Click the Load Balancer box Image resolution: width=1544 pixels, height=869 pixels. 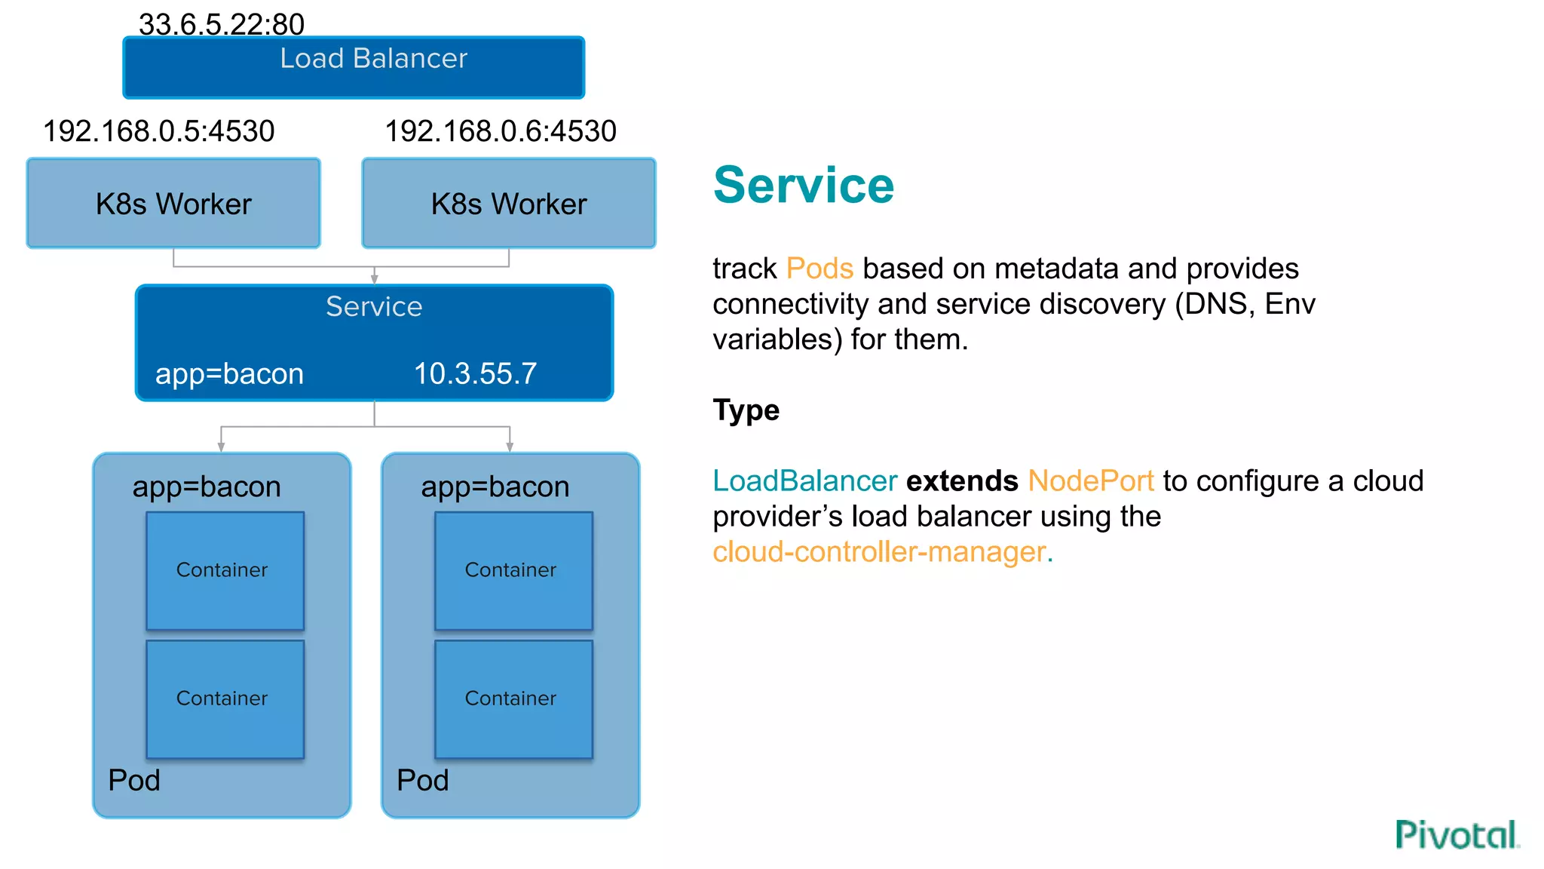(353, 68)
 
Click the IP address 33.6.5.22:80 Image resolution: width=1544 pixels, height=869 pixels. (222, 24)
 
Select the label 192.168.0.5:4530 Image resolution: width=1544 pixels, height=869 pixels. (159, 131)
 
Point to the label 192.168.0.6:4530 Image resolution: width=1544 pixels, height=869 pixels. (501, 131)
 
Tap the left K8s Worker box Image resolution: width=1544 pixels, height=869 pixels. (173, 204)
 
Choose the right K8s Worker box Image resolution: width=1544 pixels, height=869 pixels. (509, 204)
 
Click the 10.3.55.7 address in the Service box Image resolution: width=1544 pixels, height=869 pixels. (475, 373)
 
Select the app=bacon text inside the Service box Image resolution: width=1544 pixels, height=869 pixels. (229, 373)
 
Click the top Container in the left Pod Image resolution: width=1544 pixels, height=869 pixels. (225, 570)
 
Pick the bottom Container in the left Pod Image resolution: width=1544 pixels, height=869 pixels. (225, 699)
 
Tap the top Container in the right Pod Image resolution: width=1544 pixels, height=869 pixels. (513, 570)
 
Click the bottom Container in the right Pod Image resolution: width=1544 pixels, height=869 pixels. (513, 699)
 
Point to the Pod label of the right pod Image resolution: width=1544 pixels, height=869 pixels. (422, 780)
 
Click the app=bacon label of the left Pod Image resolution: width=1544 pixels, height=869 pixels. (207, 487)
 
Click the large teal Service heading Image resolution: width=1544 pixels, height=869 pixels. (804, 186)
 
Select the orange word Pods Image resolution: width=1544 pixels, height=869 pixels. (819, 269)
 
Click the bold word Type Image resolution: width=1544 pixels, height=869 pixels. (746, 410)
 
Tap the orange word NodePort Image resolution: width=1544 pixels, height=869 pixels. (1091, 481)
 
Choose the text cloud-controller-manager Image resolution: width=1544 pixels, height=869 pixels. (882, 551)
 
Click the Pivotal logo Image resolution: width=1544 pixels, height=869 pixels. (1457, 834)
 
